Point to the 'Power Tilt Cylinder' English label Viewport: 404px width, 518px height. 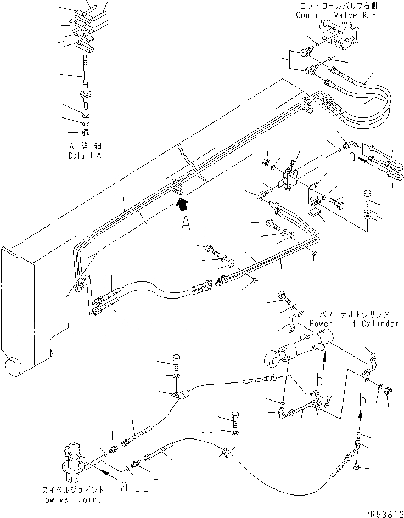coord(353,324)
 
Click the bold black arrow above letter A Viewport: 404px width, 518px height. coord(182,206)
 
